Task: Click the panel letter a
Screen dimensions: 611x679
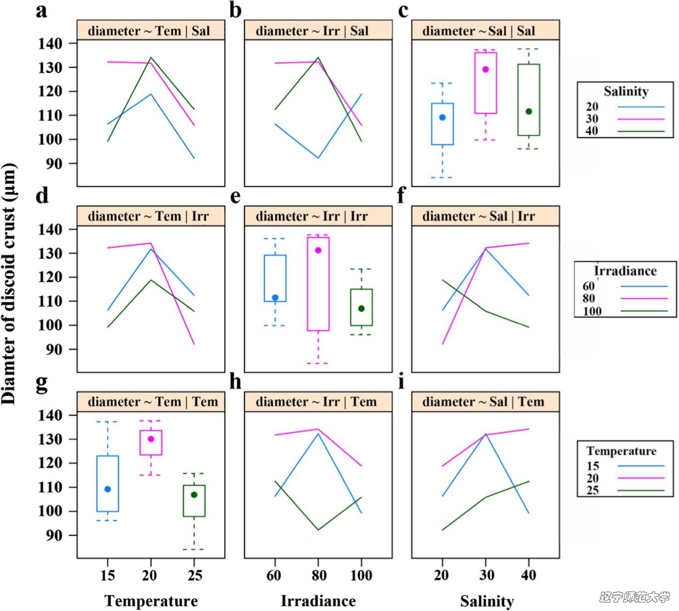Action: [41, 11]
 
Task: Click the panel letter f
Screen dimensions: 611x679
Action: [403, 196]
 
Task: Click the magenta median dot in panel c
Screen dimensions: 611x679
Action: [486, 69]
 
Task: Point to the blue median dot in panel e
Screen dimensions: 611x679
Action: [275, 297]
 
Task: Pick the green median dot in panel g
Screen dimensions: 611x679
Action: [194, 495]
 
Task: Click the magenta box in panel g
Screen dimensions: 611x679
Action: [151, 442]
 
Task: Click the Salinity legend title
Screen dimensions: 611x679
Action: [626, 91]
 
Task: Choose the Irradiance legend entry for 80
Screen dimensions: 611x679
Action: [589, 299]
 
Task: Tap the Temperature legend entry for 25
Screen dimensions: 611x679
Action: [593, 491]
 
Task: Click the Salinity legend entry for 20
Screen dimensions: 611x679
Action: [593, 107]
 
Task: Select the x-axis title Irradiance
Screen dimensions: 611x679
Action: [318, 601]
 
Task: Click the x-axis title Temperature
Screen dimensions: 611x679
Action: [151, 601]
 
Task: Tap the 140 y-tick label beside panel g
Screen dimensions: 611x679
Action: [52, 416]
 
